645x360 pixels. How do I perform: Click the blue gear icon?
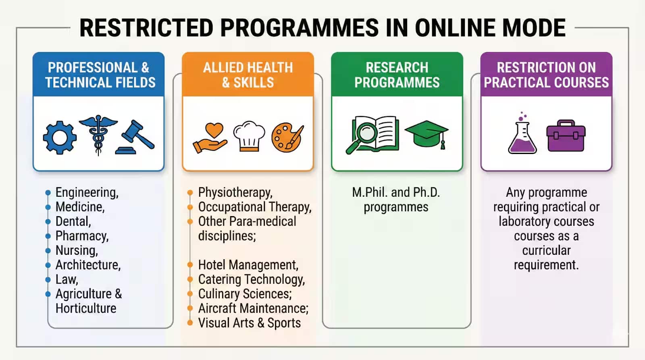pos(60,137)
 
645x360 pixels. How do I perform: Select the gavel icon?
pos(135,137)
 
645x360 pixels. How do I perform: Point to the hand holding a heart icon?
pos(210,138)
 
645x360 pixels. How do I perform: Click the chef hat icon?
pos(249,136)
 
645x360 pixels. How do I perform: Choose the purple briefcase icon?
pos(566,136)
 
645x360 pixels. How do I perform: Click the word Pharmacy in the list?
pos(82,236)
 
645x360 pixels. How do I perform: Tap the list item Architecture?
pos(88,265)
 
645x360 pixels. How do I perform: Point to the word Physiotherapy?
pos(235,192)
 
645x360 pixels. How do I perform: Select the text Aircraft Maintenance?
pos(253,308)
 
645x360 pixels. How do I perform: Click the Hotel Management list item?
pos(248,265)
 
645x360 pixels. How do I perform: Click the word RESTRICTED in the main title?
pos(146,28)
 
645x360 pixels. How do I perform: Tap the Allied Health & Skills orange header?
pos(248,75)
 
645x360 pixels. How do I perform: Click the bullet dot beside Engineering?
pos(48,192)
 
